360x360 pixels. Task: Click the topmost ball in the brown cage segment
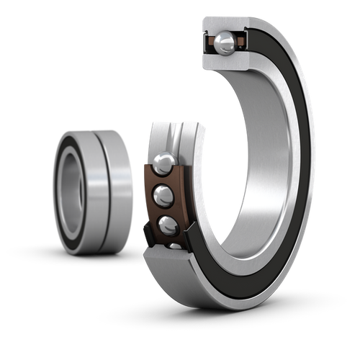[163, 163]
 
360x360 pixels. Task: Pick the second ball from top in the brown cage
[165, 194]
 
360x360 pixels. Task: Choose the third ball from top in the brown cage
[168, 225]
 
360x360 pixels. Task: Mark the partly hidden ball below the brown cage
[175, 247]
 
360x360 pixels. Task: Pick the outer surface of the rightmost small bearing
[115, 191]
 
